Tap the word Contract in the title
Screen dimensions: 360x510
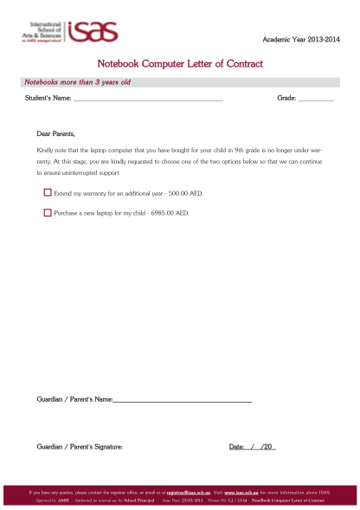(x=240, y=64)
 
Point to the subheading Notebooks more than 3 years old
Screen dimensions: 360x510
(x=77, y=82)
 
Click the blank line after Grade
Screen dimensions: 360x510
(x=316, y=100)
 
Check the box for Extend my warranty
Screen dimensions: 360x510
(x=48, y=193)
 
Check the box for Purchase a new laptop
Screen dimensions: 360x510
(x=48, y=212)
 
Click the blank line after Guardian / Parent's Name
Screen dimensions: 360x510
(x=183, y=399)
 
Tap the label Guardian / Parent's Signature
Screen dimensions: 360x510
(x=80, y=447)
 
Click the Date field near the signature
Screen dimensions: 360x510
(x=252, y=447)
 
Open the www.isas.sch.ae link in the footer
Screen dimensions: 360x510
(x=241, y=492)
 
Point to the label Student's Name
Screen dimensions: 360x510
(x=48, y=100)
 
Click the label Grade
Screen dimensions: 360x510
(x=286, y=100)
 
